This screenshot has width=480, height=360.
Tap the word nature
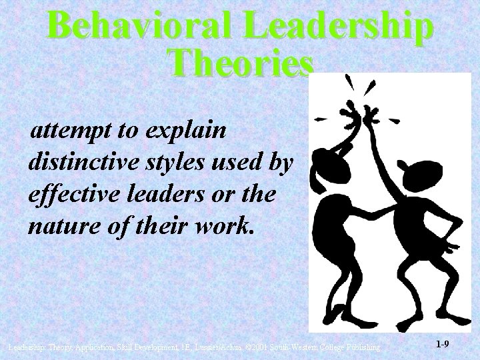tap(59, 227)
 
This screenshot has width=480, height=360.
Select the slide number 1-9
tap(442, 345)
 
